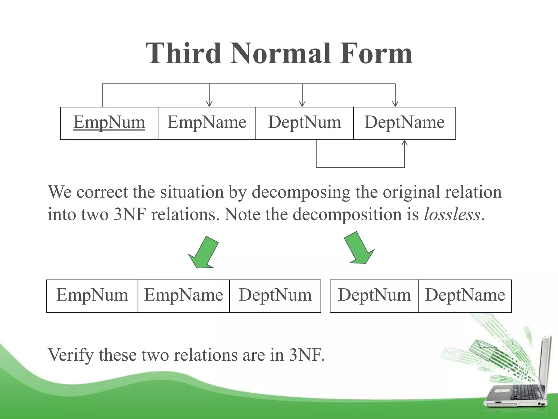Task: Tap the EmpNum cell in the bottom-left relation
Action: [x=92, y=295]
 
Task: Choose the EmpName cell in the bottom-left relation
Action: [x=184, y=295]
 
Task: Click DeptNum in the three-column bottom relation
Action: [x=275, y=295]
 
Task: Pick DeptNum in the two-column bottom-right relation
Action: [x=374, y=295]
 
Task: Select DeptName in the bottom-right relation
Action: [x=465, y=295]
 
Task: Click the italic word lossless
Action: [x=452, y=214]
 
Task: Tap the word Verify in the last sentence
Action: [x=71, y=355]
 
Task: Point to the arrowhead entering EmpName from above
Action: [x=209, y=104]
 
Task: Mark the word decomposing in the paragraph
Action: [x=301, y=192]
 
